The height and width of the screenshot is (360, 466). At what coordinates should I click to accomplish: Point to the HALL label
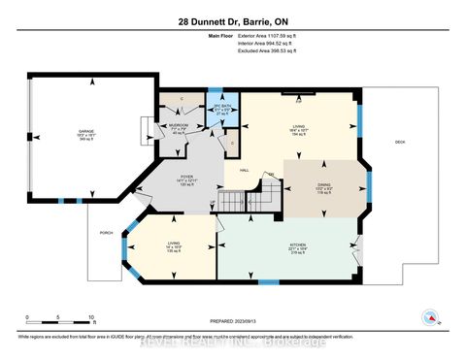244,169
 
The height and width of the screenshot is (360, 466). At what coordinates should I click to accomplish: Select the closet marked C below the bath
233,144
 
